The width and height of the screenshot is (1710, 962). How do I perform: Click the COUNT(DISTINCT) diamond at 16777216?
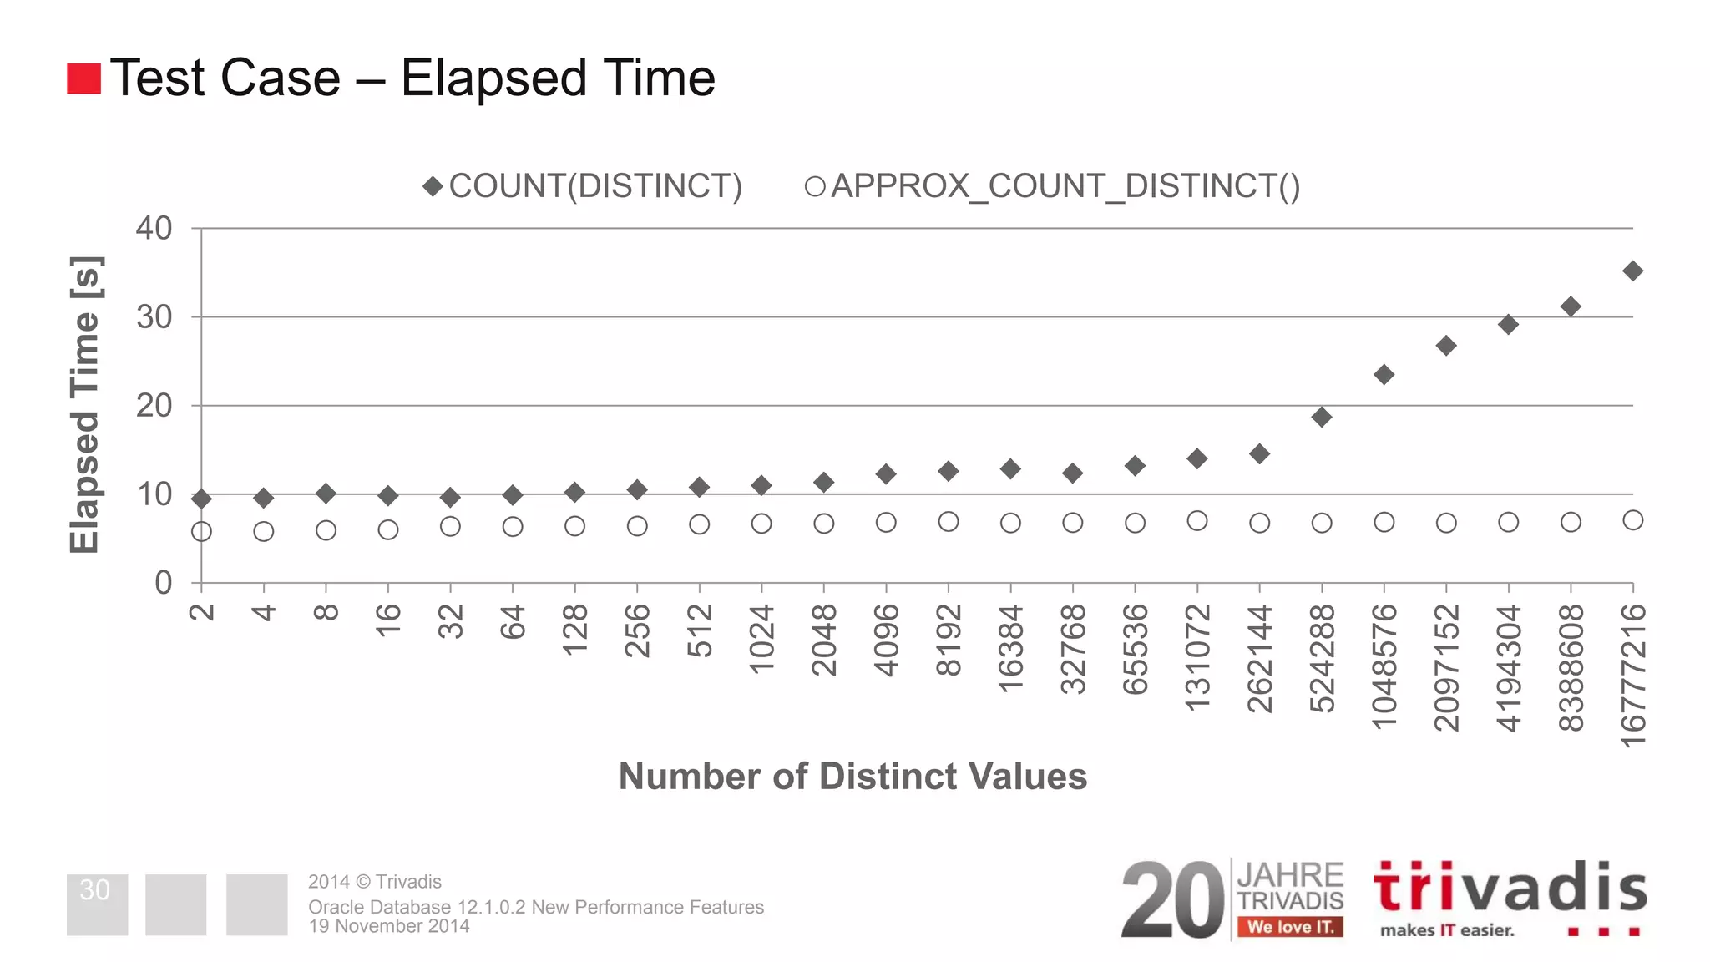pos(1632,271)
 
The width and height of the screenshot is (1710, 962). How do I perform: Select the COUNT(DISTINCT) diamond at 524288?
pos(1321,417)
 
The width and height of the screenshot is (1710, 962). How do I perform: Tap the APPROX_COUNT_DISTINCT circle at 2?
pos(201,531)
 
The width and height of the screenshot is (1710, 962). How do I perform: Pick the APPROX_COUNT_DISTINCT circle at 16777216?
pos(1632,520)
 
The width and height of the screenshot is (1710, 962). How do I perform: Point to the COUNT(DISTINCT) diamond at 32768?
pos(1072,473)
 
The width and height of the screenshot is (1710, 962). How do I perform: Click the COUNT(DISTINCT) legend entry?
pos(583,186)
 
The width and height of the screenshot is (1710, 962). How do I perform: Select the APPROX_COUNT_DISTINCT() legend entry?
pos(1052,186)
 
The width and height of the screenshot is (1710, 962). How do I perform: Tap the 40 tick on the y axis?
pos(154,228)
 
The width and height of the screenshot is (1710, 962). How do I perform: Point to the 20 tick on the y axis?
pos(154,406)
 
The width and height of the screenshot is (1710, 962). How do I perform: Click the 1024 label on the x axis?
pos(761,640)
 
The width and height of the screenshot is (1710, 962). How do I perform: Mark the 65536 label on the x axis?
pos(1135,650)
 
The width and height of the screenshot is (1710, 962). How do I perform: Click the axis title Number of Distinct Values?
pos(852,776)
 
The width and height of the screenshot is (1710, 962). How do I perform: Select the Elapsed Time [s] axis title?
pos(84,405)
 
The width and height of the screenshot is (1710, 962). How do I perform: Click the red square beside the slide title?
pos(83,78)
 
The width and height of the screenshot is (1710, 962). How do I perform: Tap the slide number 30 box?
pos(97,904)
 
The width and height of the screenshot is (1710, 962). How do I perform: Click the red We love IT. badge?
pos(1290,927)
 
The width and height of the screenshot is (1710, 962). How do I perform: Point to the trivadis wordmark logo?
pos(1510,889)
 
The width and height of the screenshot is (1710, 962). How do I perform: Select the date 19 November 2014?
pos(389,926)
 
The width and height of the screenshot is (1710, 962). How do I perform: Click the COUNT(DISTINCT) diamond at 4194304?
pos(1508,324)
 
